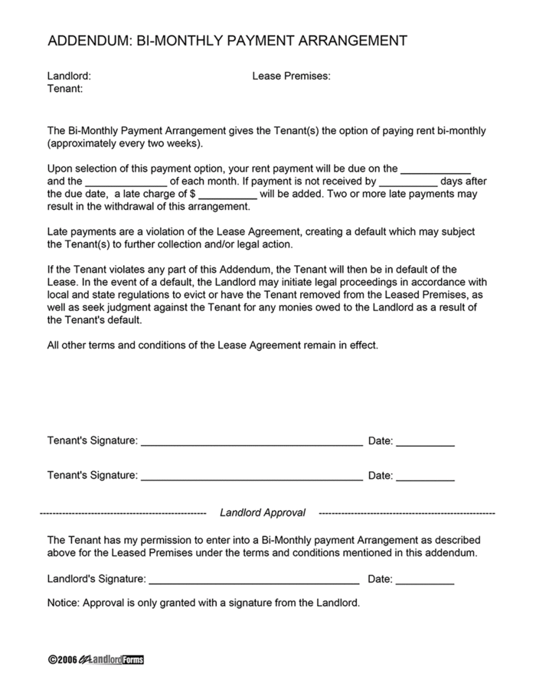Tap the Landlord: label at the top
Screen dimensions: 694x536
pyautogui.click(x=69, y=77)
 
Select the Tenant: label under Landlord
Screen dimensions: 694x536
pyautogui.click(x=65, y=89)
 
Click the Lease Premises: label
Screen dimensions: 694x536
pyautogui.click(x=291, y=77)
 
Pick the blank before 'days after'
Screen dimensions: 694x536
pyautogui.click(x=408, y=182)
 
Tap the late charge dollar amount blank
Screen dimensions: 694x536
pyautogui.click(x=227, y=195)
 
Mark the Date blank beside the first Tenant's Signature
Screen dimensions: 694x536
pyautogui.click(x=425, y=443)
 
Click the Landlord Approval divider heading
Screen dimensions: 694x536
pyautogui.click(x=263, y=512)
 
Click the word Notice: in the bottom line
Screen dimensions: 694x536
pyautogui.click(x=63, y=603)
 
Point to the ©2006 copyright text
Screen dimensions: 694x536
pyautogui.click(x=62, y=660)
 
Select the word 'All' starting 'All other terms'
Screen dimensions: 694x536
pyautogui.click(x=54, y=345)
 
